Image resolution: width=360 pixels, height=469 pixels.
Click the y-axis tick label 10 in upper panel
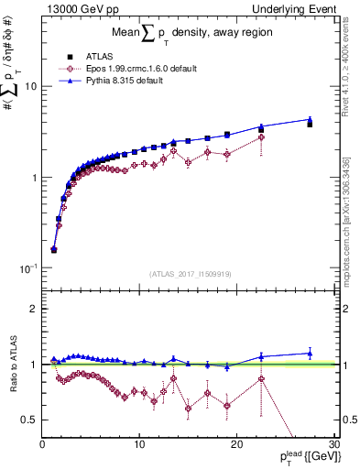29,86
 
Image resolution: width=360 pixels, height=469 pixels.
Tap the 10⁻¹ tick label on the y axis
27,267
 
